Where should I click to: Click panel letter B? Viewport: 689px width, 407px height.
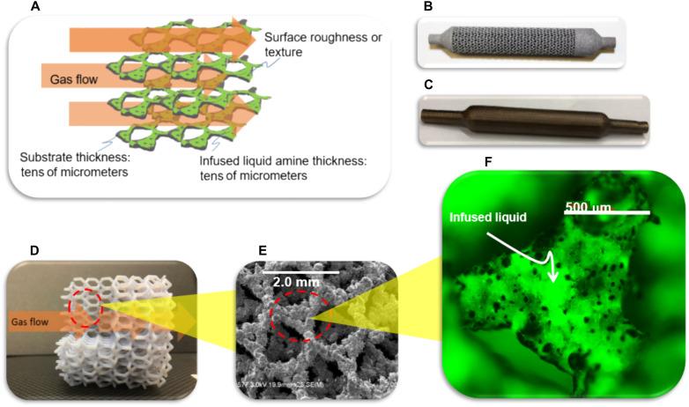click(428, 6)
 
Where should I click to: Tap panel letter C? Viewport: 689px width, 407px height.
click(428, 86)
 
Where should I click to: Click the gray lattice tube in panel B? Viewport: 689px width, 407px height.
click(520, 41)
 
